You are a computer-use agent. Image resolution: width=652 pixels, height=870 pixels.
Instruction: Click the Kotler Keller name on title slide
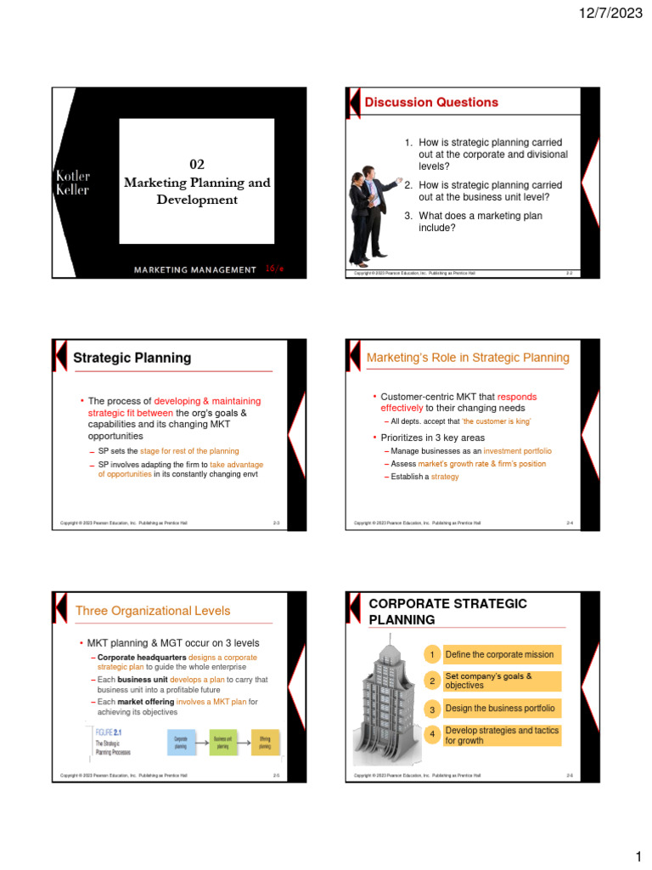[x=73, y=183]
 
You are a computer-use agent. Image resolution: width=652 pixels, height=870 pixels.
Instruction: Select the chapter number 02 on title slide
[x=196, y=165]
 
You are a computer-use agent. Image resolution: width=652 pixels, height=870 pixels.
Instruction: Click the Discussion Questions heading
[x=431, y=102]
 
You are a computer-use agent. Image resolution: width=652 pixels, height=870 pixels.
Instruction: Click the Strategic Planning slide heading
[x=132, y=358]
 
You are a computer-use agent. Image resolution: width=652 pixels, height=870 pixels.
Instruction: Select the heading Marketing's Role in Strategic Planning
[x=468, y=358]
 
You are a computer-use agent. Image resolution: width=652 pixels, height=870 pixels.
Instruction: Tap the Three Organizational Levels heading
[x=153, y=610]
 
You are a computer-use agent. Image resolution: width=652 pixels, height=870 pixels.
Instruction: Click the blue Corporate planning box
[x=181, y=743]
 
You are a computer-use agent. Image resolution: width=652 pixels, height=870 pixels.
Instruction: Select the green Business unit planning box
[x=223, y=743]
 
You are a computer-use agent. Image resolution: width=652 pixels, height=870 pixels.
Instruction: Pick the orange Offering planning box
[x=265, y=743]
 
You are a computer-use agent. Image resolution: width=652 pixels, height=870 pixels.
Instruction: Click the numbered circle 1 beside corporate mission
[x=432, y=654]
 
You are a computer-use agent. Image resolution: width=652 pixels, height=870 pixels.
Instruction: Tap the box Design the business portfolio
[x=501, y=709]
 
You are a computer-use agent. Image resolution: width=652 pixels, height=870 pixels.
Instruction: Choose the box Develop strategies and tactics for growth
[x=501, y=735]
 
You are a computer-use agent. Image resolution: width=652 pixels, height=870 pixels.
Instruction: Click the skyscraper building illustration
[x=384, y=700]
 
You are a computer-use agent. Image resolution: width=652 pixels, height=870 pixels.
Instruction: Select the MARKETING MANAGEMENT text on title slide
[x=194, y=269]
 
